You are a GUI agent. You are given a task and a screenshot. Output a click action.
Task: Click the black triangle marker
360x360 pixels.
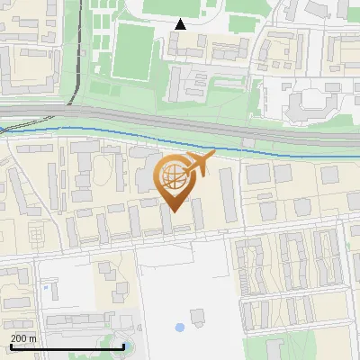coord(181,24)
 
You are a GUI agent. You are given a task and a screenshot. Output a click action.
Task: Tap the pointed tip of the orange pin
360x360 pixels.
coord(172,211)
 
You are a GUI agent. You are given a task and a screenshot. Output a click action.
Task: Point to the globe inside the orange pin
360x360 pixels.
coord(171,177)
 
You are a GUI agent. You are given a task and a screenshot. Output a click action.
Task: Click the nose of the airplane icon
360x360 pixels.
coord(213,156)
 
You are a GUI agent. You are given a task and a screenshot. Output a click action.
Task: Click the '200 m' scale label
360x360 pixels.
coord(24,338)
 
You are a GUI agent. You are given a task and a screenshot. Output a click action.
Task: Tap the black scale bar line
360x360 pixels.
coord(67,346)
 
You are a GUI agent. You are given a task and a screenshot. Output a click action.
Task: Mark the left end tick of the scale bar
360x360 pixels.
coord(11,345)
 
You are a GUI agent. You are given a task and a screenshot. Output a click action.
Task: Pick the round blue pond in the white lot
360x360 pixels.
coord(179,327)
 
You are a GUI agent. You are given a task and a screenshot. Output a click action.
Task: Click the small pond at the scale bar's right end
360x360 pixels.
coord(126,346)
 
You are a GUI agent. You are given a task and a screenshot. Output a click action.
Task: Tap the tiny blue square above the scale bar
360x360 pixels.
coord(45,288)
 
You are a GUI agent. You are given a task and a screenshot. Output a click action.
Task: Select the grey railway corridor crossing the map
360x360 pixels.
coord(180,121)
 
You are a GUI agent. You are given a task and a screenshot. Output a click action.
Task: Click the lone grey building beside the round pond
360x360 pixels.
coord(198,316)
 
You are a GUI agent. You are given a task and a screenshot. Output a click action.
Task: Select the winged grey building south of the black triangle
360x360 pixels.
coord(193,85)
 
